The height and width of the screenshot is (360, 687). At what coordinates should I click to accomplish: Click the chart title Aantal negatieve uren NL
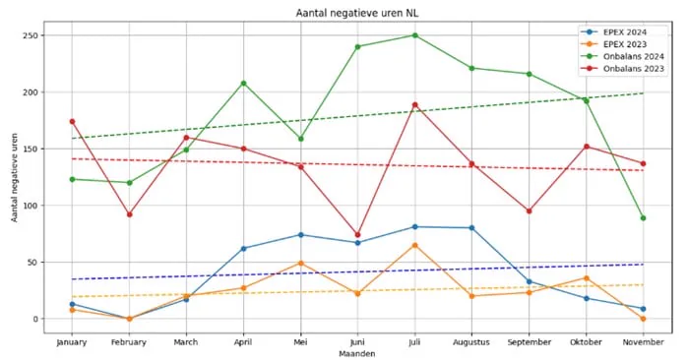(357, 13)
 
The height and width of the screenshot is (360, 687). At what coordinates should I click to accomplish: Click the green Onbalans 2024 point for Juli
(415, 35)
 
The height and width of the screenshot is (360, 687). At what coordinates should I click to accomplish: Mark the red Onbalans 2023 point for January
(72, 121)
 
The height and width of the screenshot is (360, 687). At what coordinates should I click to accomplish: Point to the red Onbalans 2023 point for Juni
(358, 235)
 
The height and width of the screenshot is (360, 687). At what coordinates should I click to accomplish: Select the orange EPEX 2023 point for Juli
(415, 245)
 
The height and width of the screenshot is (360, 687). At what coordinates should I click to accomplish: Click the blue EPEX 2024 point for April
(244, 248)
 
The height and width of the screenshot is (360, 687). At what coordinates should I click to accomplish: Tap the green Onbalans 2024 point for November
(643, 218)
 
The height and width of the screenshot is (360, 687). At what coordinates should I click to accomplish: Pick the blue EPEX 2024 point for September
(530, 281)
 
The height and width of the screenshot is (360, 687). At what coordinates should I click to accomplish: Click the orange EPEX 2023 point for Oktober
(587, 278)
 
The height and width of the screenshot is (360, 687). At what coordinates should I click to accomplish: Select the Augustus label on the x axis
(471, 342)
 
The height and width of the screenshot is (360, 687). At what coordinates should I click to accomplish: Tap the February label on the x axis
(129, 342)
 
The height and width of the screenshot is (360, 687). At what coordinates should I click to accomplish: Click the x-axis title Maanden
(357, 353)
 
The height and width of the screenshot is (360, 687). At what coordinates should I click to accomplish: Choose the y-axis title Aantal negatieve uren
(15, 177)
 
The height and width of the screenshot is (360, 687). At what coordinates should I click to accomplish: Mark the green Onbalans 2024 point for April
(244, 84)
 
